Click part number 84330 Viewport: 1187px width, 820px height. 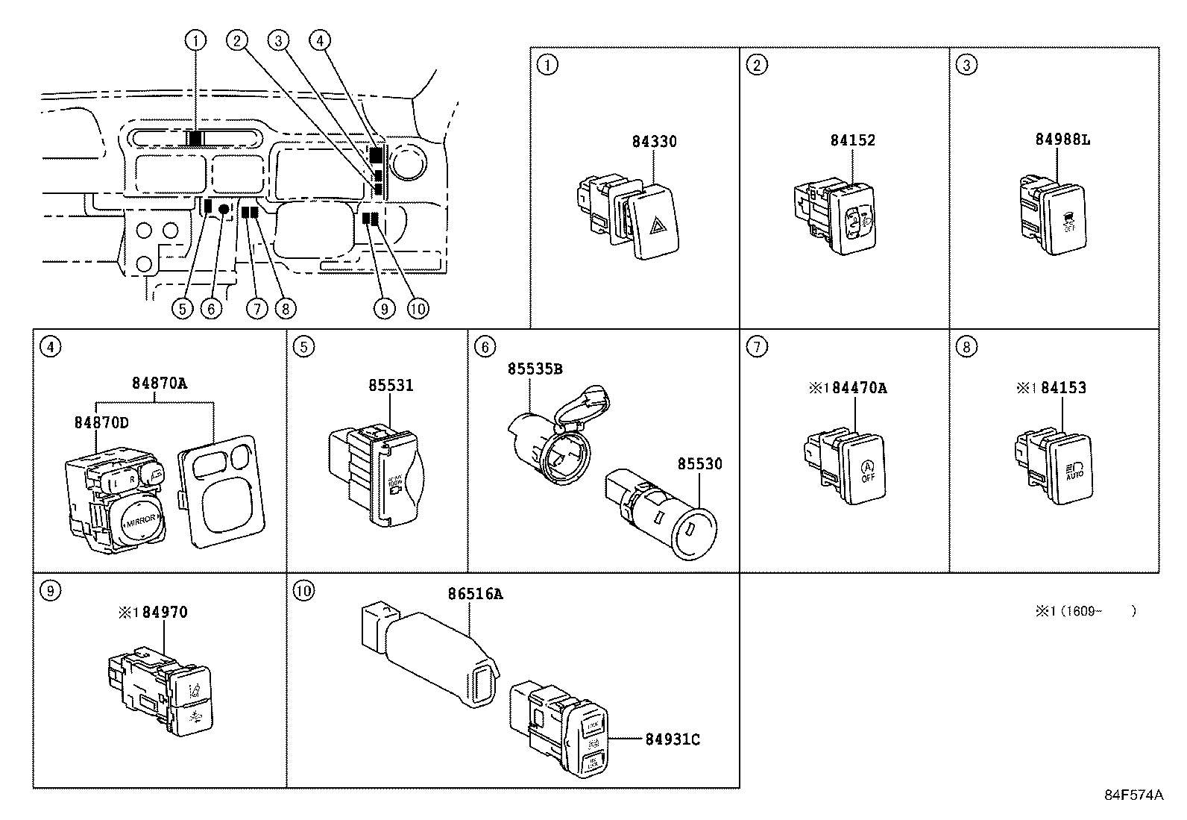654,141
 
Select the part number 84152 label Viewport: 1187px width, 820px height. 852,140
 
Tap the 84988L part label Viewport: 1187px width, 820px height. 1062,140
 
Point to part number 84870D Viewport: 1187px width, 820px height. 101,422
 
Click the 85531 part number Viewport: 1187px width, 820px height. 390,385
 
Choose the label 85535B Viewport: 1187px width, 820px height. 535,369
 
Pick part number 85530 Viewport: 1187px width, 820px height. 699,463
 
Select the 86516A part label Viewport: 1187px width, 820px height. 475,594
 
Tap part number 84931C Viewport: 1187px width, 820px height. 672,739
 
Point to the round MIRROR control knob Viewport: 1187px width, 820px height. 139,522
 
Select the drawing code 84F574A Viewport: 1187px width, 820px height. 1133,795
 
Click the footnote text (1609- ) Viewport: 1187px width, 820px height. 1084,611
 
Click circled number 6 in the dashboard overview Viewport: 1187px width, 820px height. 212,307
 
